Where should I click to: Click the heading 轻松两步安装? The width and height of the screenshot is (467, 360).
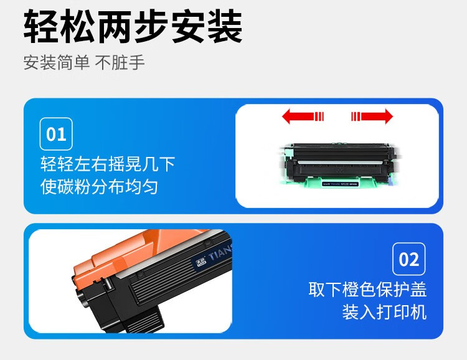click(133, 27)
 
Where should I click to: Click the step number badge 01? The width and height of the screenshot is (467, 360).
click(56, 134)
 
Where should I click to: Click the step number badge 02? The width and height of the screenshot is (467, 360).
click(409, 259)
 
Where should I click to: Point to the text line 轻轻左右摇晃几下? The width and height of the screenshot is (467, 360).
click(108, 164)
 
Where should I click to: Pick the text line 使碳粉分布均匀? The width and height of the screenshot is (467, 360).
click(99, 186)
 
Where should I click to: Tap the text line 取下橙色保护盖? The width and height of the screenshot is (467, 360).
click(367, 290)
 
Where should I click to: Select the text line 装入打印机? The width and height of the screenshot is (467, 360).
click(384, 311)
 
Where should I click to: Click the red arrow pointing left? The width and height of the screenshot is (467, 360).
click(303, 116)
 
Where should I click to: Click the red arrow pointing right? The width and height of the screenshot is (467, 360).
click(372, 116)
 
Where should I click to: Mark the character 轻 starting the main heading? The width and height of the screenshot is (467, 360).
click(42, 27)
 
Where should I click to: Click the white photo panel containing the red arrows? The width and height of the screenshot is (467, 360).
click(337, 156)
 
